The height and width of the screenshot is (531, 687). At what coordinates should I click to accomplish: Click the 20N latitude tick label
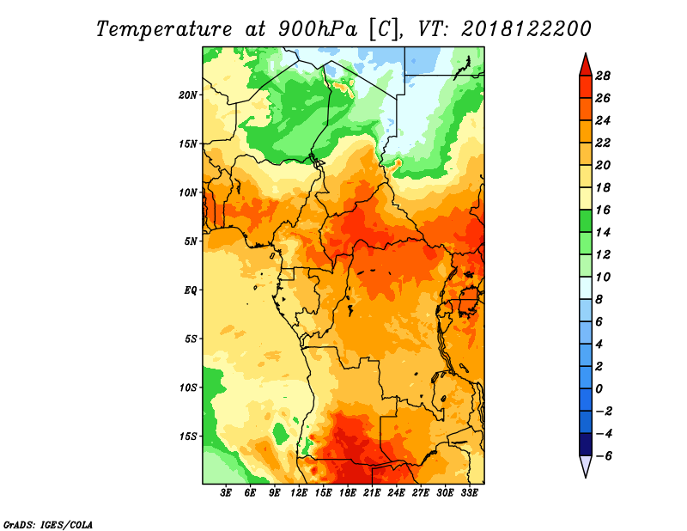[x=187, y=95]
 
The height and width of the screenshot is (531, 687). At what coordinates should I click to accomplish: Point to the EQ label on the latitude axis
[x=191, y=290]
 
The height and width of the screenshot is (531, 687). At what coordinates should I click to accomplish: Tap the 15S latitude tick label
[x=187, y=436]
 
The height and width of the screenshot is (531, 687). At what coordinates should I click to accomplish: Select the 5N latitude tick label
[x=191, y=241]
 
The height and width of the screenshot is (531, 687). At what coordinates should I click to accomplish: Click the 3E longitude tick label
[x=226, y=492]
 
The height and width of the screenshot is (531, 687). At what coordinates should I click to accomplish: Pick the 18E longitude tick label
[x=348, y=492]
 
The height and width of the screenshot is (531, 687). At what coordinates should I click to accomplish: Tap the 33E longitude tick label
[x=469, y=492]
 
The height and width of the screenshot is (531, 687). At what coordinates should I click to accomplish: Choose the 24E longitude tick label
[x=396, y=492]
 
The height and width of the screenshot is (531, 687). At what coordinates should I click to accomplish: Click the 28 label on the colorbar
[x=603, y=76]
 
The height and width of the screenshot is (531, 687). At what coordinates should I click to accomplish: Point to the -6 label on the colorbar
[x=604, y=456]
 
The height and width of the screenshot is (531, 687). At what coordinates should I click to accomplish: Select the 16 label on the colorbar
[x=603, y=210]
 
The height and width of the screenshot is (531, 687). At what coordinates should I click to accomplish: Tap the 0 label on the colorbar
[x=599, y=389]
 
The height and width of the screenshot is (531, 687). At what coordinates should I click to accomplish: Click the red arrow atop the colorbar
[x=586, y=65]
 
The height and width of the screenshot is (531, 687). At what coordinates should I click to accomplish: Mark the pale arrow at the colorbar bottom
[x=586, y=466]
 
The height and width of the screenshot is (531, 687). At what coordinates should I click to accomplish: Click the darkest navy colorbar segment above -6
[x=586, y=444]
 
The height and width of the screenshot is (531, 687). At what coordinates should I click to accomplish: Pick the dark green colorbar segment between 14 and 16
[x=586, y=221]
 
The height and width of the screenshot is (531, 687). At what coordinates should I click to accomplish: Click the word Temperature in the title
[x=163, y=29]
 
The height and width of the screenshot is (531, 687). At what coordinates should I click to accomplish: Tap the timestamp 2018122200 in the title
[x=526, y=29]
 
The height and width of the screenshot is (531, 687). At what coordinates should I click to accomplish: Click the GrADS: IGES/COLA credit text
[x=48, y=524]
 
